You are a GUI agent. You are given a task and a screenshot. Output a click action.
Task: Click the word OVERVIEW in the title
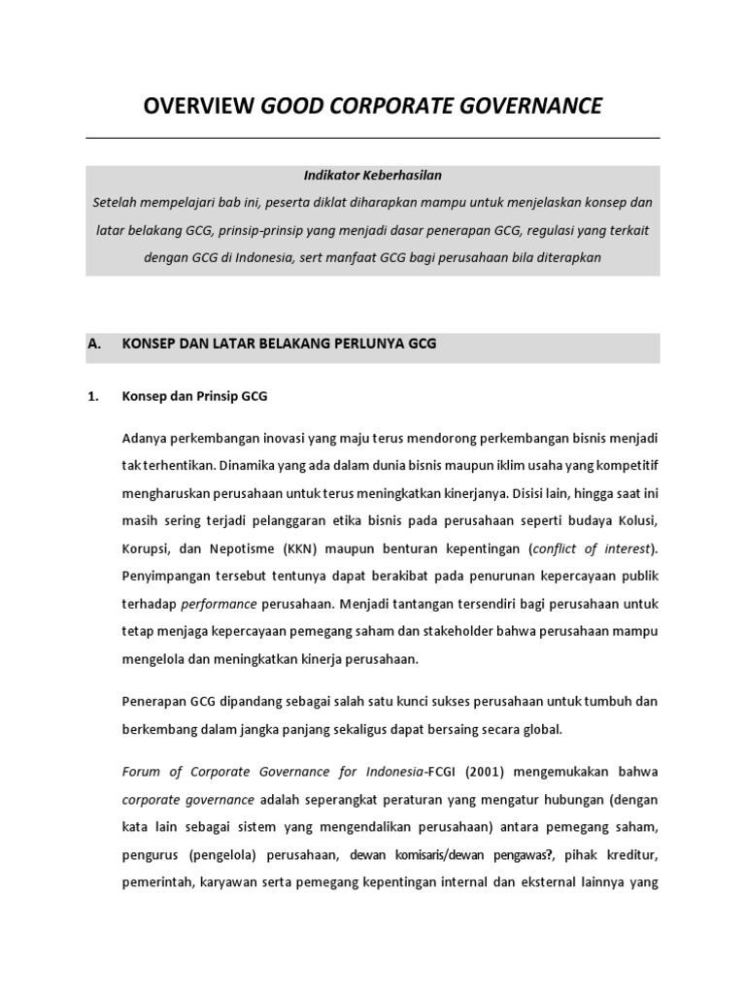[199, 106]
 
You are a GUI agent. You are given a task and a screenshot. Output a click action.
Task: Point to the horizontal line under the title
[372, 138]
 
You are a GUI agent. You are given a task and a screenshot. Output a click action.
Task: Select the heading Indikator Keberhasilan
[372, 176]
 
